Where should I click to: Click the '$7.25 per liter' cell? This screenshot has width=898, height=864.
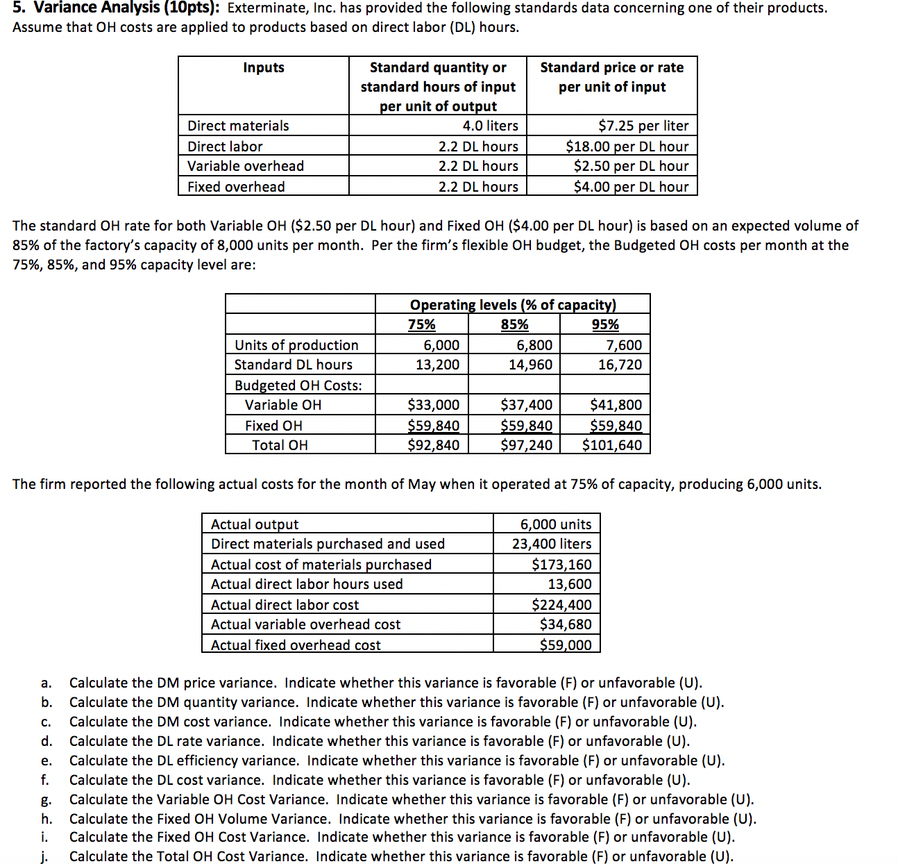[643, 126]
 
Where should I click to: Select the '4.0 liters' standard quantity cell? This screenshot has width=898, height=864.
[490, 126]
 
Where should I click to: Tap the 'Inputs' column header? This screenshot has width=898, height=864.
[264, 67]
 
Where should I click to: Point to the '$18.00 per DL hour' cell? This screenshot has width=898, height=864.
[627, 147]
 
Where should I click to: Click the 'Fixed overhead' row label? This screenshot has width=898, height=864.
[236, 187]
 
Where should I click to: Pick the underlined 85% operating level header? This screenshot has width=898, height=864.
[514, 324]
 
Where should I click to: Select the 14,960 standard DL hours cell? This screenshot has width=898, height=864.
[530, 365]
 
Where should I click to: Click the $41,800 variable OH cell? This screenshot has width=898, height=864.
[616, 405]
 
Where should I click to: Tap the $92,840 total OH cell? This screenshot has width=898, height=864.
[433, 445]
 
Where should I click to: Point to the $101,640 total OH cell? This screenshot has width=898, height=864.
[611, 445]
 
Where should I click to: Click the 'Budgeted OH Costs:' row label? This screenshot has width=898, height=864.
[298, 385]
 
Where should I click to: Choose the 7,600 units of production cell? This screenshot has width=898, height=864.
[624, 345]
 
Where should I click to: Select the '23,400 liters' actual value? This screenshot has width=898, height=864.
[552, 544]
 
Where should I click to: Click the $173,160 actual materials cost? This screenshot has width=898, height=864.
[561, 565]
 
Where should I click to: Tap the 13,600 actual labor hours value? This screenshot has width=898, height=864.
[569, 584]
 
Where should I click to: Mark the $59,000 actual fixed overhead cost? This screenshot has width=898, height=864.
[566, 645]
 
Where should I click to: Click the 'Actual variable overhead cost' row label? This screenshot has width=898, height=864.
[305, 624]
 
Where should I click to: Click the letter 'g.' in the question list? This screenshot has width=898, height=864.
[46, 800]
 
